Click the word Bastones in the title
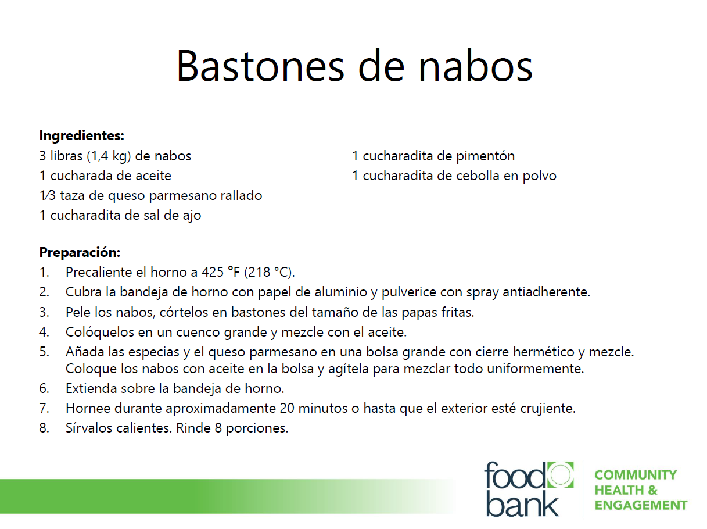coord(260,66)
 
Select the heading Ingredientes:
coord(81,135)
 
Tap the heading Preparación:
coord(80,252)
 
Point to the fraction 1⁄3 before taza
coord(48,195)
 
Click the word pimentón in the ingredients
coord(486,156)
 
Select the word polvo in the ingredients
coord(539,176)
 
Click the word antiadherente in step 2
coord(546,292)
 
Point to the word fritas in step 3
coord(457,313)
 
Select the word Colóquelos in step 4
coord(100,333)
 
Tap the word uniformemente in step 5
coord(535,369)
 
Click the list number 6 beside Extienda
coord(44,388)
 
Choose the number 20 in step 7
coord(287,409)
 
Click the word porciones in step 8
coord(257,429)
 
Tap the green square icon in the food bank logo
coord(560,474)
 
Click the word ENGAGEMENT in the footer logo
coord(641,505)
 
